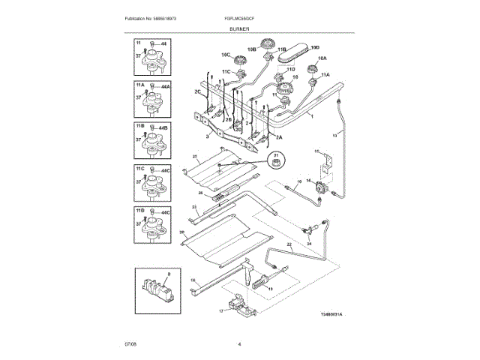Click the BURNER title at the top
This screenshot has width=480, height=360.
pos(239,28)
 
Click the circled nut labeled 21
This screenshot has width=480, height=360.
pos(276,162)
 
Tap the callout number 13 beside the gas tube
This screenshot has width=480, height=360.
pos(336,135)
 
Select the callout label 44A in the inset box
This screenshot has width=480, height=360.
pos(167,87)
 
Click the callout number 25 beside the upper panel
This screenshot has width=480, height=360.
pos(194,157)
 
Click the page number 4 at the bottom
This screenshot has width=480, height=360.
pos(239,343)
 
